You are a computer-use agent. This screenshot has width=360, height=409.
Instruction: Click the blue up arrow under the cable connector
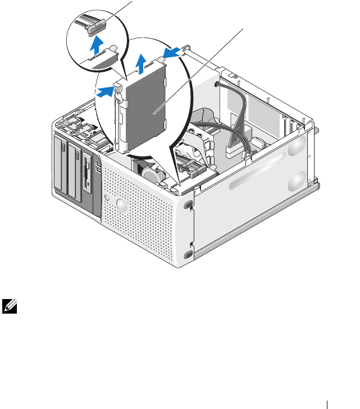point(98,43)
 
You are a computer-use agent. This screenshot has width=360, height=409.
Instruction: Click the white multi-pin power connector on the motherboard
point(232,151)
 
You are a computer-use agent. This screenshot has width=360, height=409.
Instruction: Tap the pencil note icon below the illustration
point(8,306)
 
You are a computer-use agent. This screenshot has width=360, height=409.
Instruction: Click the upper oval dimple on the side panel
point(295,148)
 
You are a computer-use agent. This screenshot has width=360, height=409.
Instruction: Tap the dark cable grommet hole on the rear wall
point(216,85)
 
